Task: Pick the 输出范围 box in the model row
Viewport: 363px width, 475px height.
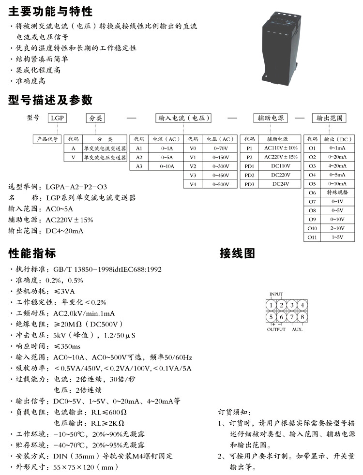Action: (330, 118)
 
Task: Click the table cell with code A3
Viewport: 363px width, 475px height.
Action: (139, 166)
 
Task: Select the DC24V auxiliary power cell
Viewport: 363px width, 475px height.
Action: (281, 184)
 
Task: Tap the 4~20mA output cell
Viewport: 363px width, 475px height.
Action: (338, 166)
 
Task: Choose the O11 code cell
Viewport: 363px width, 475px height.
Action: (312, 237)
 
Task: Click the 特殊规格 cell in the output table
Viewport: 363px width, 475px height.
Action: (338, 193)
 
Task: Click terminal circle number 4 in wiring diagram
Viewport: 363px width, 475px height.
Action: (302, 305)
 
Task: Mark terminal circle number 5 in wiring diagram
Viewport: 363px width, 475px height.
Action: (272, 317)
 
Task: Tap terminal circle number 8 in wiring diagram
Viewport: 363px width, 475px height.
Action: (302, 317)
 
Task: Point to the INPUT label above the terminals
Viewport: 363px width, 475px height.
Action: (276, 294)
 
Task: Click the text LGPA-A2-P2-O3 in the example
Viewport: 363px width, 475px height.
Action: (76, 187)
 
